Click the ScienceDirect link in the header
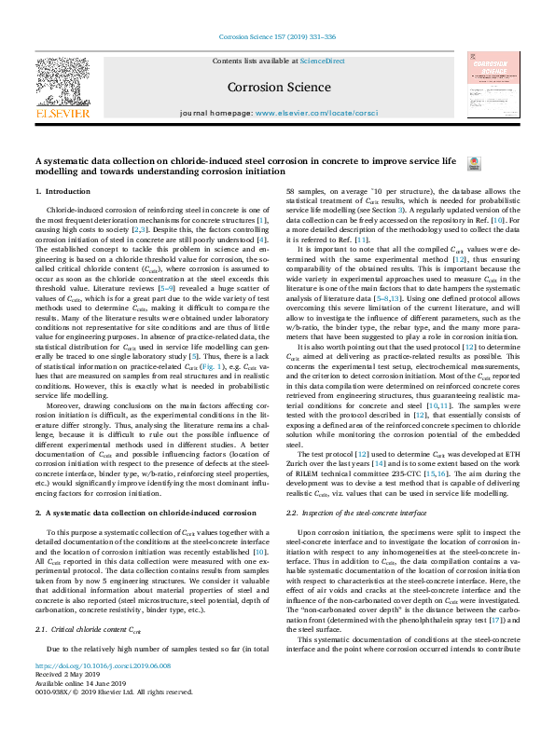coord(322,61)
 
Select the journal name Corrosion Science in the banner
coord(277,87)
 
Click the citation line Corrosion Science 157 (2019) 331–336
coord(277,38)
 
